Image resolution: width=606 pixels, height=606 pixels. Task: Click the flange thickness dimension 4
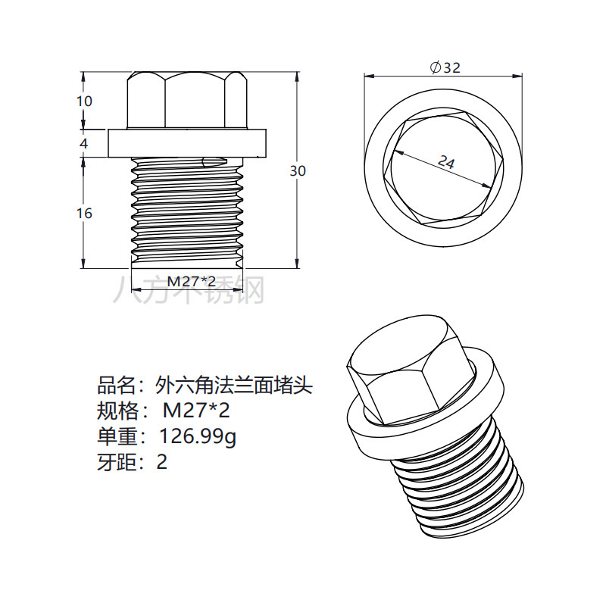click(84, 142)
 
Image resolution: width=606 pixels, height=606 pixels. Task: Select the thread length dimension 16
click(84, 214)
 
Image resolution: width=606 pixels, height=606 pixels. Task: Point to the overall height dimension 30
click(298, 171)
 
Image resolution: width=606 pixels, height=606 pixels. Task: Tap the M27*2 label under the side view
click(186, 281)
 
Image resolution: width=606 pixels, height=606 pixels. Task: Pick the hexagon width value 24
click(446, 161)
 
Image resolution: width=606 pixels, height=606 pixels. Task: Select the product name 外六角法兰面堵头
click(233, 386)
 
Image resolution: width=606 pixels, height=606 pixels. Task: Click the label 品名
click(116, 386)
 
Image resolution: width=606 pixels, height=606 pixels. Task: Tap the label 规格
click(116, 412)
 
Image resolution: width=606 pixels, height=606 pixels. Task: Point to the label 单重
click(116, 437)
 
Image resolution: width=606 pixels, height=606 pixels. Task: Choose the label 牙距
click(116, 462)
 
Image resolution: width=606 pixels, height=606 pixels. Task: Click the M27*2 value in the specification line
click(196, 412)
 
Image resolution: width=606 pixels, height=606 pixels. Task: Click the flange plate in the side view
click(187, 142)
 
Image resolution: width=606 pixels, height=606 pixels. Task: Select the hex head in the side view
click(187, 100)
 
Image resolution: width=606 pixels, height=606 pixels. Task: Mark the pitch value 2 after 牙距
click(161, 462)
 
